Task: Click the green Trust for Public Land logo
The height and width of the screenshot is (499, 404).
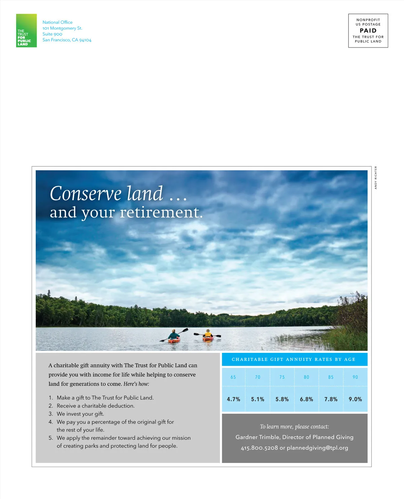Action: (x=26, y=31)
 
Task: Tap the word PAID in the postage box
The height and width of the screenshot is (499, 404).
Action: (x=368, y=31)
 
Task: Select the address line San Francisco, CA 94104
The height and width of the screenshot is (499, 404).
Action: (x=67, y=40)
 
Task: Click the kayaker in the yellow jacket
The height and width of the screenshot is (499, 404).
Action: (x=208, y=335)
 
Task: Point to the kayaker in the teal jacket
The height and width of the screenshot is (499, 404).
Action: (x=174, y=336)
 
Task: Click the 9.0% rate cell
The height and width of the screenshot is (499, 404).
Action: (x=355, y=399)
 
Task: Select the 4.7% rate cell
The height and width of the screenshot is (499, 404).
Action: (x=233, y=399)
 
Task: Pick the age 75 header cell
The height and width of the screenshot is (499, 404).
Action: (x=282, y=377)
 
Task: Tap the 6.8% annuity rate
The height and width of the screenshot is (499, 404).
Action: (x=306, y=399)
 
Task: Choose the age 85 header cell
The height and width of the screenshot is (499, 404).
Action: (x=331, y=377)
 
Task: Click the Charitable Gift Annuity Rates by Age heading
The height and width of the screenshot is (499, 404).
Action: (x=294, y=360)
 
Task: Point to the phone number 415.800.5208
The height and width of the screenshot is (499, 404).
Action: (x=259, y=448)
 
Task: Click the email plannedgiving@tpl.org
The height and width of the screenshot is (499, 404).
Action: (x=317, y=448)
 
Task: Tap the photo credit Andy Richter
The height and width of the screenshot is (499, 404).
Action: (x=376, y=178)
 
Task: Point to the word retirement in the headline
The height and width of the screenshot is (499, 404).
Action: (x=161, y=213)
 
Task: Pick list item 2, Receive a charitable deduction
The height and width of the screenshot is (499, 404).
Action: (x=95, y=406)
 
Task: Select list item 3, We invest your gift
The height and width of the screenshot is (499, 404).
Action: (x=80, y=414)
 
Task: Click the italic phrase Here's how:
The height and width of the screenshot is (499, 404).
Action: (x=136, y=384)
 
